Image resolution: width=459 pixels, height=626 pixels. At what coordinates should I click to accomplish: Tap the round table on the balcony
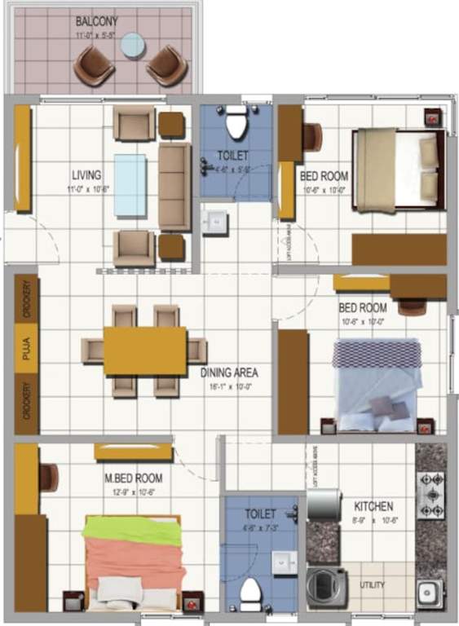(132, 46)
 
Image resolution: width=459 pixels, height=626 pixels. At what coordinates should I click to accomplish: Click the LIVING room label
(86, 174)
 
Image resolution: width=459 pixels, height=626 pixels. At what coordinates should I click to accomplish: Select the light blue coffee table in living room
(130, 185)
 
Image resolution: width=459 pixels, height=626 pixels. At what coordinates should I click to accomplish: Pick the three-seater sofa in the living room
(174, 187)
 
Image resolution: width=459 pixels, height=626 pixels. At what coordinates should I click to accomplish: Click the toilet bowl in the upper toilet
(236, 125)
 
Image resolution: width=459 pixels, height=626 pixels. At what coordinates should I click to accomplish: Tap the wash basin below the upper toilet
(216, 222)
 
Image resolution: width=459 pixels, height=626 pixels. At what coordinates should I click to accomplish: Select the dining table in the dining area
(145, 350)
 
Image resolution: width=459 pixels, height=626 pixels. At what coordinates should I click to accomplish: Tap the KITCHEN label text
(374, 506)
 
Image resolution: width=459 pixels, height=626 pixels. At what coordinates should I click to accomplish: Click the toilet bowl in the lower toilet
(249, 593)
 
